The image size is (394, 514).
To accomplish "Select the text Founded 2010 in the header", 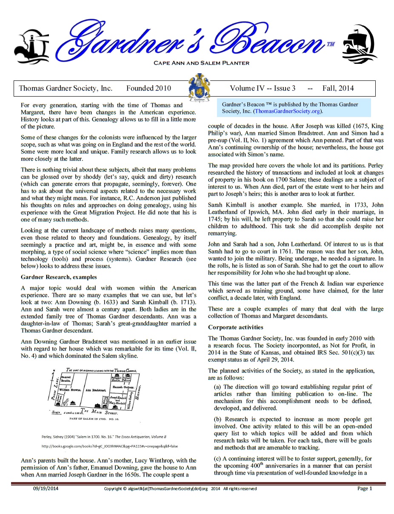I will click(x=148, y=89).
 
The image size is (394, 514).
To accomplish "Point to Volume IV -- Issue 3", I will click(x=263, y=89).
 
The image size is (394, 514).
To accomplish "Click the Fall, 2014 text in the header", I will click(x=338, y=89).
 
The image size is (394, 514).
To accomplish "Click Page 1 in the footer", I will click(x=365, y=488).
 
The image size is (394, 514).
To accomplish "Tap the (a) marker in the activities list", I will click(x=217, y=387).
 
